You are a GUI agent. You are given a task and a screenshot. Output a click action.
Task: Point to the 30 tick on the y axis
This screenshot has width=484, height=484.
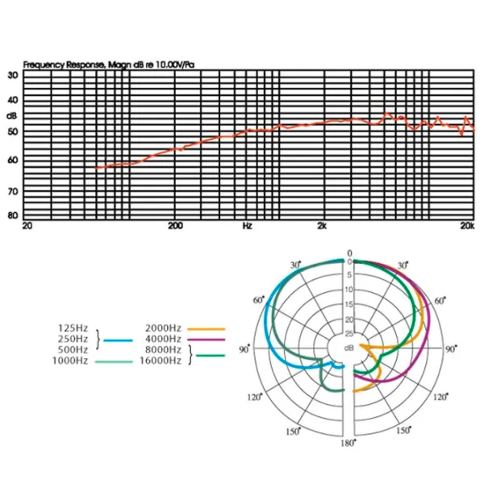click(x=13, y=75)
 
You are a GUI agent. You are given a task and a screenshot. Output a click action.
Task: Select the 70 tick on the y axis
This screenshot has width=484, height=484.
click(x=13, y=192)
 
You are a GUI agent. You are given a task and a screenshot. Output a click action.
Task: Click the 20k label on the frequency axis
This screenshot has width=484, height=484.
click(x=466, y=227)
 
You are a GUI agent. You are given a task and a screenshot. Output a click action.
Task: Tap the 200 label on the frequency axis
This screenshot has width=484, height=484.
click(x=176, y=227)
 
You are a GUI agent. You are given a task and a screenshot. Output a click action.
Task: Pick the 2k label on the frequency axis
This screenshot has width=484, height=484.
click(x=322, y=227)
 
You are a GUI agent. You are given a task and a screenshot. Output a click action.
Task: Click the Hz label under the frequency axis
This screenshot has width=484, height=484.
click(x=248, y=227)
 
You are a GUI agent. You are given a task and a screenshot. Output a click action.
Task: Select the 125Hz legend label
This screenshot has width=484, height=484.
click(x=73, y=328)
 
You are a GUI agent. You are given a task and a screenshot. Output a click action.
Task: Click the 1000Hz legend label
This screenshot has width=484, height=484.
click(x=71, y=362)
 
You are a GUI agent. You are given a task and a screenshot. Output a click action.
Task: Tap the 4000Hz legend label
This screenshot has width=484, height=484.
click(x=163, y=340)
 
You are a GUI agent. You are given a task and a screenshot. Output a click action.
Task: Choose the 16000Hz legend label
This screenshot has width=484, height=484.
click(x=161, y=362)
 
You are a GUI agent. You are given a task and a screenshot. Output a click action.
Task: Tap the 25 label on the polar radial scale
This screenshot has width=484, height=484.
click(x=349, y=332)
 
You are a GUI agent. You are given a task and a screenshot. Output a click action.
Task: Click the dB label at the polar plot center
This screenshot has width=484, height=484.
click(x=349, y=348)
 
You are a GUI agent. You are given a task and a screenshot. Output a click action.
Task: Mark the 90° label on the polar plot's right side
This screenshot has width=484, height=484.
click(x=452, y=349)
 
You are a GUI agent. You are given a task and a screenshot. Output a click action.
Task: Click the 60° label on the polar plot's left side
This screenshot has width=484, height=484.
click(x=258, y=300)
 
